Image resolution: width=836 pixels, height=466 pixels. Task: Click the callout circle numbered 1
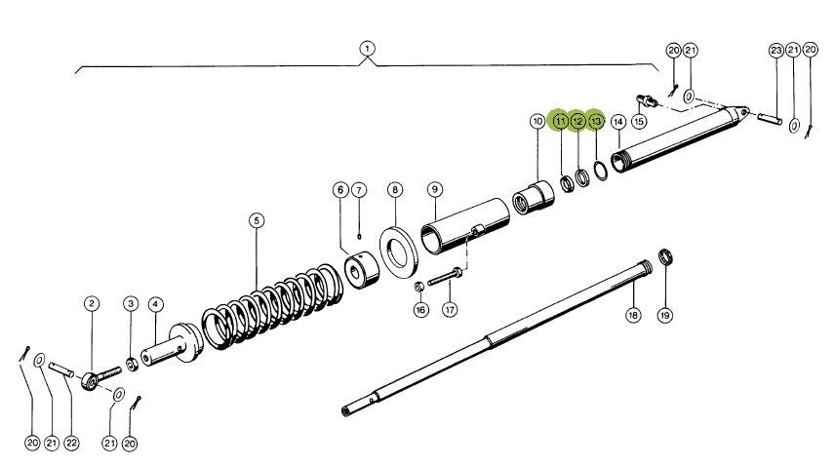[x=367, y=48]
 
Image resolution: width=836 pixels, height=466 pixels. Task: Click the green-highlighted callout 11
[x=559, y=121]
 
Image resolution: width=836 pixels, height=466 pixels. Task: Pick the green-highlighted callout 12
[x=577, y=121]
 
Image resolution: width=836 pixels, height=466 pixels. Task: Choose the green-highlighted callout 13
[x=596, y=121]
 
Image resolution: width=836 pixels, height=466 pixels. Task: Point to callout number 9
[x=435, y=189]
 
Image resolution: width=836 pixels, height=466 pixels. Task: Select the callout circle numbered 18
[x=632, y=315]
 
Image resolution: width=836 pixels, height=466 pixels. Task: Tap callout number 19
[x=665, y=315]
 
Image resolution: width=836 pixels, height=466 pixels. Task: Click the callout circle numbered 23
[x=776, y=50]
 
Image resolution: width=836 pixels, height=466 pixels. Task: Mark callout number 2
[x=91, y=304]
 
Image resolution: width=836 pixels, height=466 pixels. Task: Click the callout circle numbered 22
[x=70, y=444]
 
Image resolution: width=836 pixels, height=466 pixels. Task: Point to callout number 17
[x=450, y=310]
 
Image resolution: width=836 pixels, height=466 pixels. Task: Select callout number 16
[x=420, y=310]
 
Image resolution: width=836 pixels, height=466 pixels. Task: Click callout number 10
[x=537, y=121]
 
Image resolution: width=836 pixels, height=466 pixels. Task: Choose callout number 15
[x=639, y=121]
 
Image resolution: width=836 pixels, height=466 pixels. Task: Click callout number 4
[x=155, y=304]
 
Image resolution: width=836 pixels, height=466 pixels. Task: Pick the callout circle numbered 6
[x=339, y=189]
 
